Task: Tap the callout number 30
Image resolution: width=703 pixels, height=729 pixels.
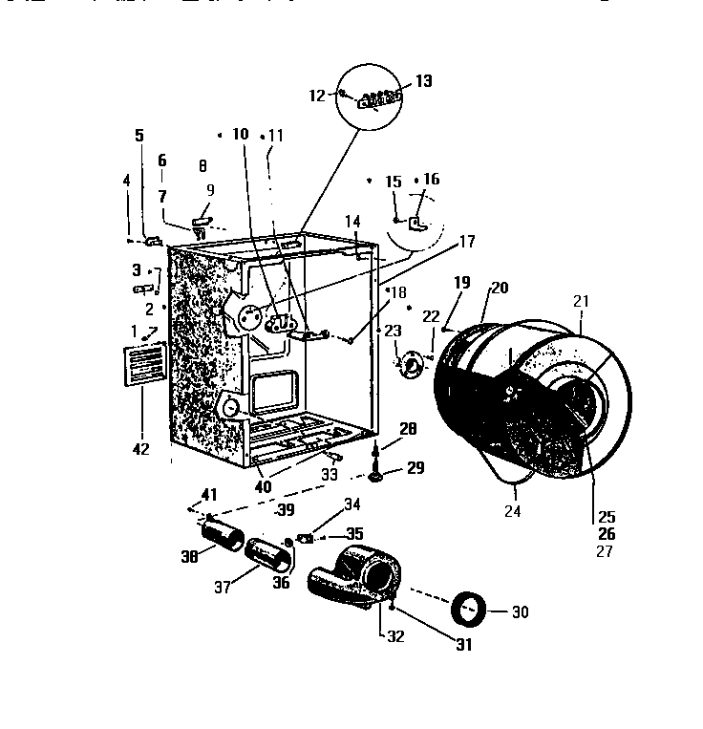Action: point(521,612)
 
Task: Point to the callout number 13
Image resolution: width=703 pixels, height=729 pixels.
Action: point(422,81)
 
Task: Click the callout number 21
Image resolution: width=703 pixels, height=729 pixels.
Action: point(581,301)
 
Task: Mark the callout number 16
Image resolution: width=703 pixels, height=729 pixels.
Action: point(432,180)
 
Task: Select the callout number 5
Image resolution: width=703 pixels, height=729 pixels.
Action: point(139,135)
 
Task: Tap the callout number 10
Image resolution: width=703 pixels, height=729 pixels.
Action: point(240,135)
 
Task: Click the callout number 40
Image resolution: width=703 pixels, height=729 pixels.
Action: point(263,486)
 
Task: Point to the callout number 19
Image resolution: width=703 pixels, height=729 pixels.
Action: point(462,283)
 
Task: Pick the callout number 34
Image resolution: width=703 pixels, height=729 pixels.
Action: point(352,503)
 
